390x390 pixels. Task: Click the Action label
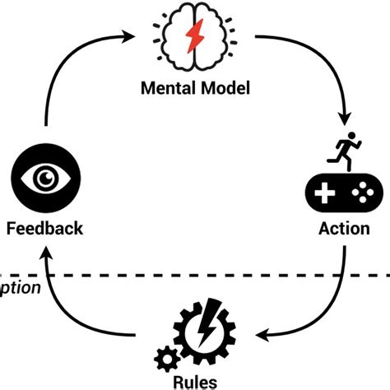point(344,228)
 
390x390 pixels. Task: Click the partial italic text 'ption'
point(21,287)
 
